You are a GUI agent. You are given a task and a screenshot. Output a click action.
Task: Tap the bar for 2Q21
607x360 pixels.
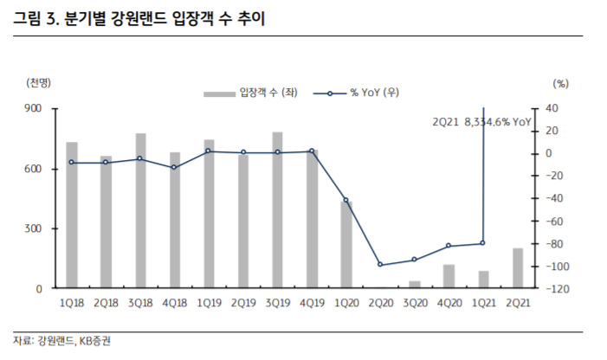pyautogui.click(x=517, y=268)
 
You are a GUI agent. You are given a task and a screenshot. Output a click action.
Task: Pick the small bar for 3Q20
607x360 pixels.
pyautogui.click(x=415, y=285)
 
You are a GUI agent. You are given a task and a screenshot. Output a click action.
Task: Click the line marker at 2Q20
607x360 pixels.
pyautogui.click(x=380, y=265)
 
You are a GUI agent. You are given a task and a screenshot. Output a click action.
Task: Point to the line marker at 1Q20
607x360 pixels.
pyautogui.click(x=346, y=200)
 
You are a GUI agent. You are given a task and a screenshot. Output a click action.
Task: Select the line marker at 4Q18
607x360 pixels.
pyautogui.click(x=175, y=167)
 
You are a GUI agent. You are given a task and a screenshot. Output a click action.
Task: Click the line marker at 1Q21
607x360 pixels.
pyautogui.click(x=482, y=243)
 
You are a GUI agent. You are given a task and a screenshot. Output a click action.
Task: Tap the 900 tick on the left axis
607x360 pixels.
pyautogui.click(x=36, y=108)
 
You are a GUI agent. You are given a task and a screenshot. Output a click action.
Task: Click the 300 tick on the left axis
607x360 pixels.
pyautogui.click(x=36, y=228)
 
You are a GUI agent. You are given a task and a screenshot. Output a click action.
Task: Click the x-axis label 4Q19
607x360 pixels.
pyautogui.click(x=312, y=303)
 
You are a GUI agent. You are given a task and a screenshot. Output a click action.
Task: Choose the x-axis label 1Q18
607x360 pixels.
pyautogui.click(x=72, y=303)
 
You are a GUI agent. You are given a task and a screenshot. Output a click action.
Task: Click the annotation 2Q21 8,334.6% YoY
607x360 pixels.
pyautogui.click(x=481, y=123)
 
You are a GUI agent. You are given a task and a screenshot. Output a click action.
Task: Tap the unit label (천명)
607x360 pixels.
pyautogui.click(x=39, y=83)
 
